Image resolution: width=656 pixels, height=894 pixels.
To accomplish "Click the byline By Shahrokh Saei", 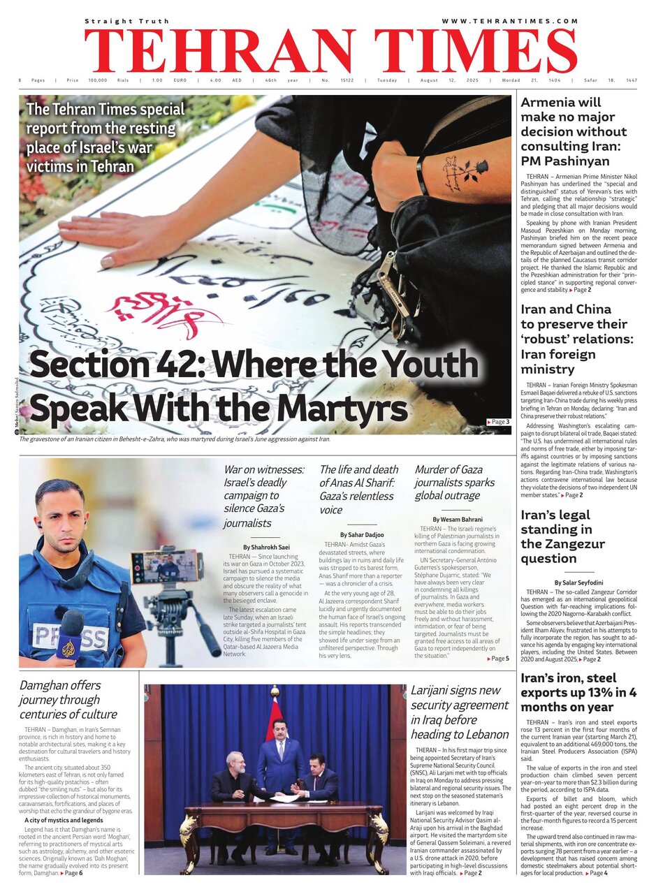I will (266, 547).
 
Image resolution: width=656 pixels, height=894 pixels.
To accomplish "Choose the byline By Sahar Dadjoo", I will (361, 534).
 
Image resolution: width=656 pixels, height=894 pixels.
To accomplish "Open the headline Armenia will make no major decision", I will (574, 132).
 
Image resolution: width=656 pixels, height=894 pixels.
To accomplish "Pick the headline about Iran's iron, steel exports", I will (578, 693).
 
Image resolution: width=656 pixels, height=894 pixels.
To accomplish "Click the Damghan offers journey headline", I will (68, 699).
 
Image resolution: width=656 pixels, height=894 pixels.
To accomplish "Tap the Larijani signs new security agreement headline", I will (460, 712).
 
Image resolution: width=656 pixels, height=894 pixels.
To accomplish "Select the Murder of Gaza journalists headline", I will (455, 482).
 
